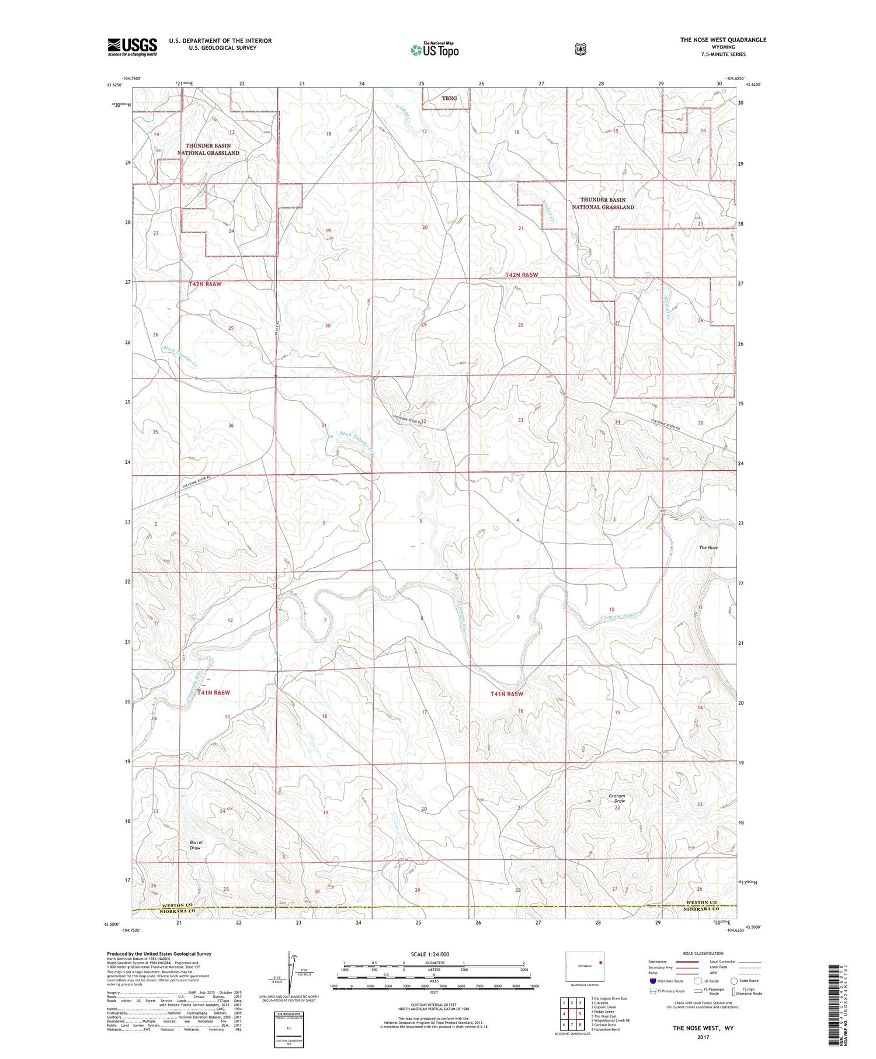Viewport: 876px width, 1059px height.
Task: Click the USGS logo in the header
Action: click(x=132, y=47)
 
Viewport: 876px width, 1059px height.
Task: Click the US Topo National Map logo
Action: click(x=434, y=50)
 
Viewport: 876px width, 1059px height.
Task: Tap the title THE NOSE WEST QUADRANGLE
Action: click(x=722, y=40)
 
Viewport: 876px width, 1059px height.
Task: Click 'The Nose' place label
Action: click(x=708, y=547)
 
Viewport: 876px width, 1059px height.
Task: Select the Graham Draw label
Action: click(x=617, y=798)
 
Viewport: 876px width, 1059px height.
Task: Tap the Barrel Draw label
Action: click(x=195, y=845)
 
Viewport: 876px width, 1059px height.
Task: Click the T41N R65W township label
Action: click(x=506, y=694)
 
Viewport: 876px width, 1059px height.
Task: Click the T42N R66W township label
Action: click(x=206, y=284)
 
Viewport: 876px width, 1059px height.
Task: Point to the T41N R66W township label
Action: click(x=213, y=692)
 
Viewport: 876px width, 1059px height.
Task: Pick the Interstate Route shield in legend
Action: click(x=653, y=981)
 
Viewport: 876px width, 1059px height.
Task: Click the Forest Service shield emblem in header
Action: click(x=580, y=50)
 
